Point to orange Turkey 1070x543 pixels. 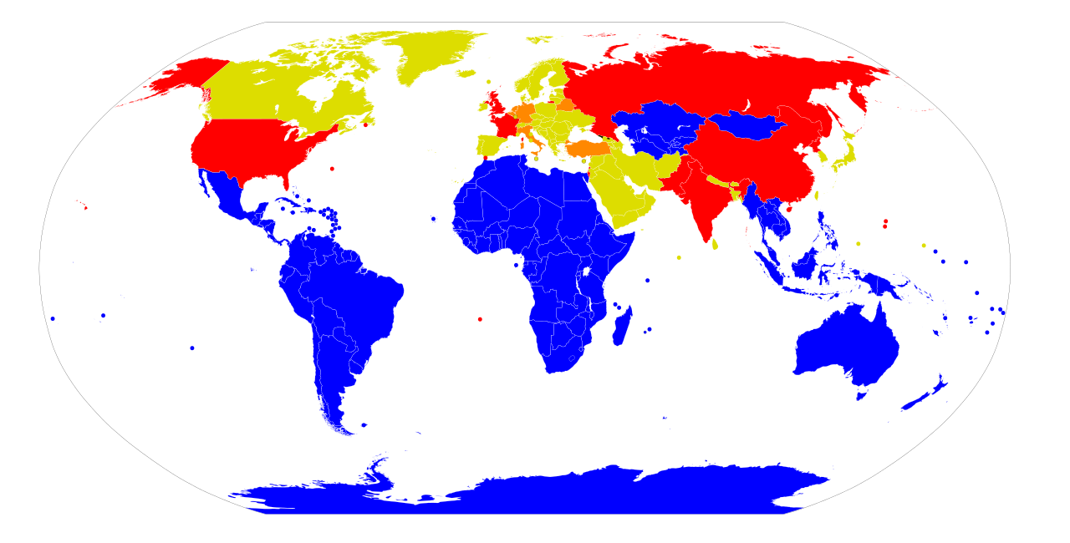pyautogui.click(x=589, y=149)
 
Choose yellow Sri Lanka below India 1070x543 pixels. pyautogui.click(x=715, y=245)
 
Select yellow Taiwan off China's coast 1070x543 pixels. pyautogui.click(x=817, y=195)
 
